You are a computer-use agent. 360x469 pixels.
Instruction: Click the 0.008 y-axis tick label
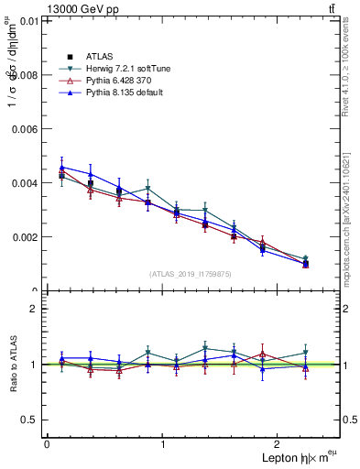coord(25,74)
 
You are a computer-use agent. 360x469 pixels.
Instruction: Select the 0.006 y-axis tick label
coord(25,128)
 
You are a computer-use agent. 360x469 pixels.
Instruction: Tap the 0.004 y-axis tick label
coord(25,182)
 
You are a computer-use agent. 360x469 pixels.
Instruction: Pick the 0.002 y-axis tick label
coord(25,236)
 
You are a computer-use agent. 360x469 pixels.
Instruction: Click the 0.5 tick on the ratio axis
coord(29,420)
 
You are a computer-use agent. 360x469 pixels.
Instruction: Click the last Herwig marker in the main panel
coord(306,259)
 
